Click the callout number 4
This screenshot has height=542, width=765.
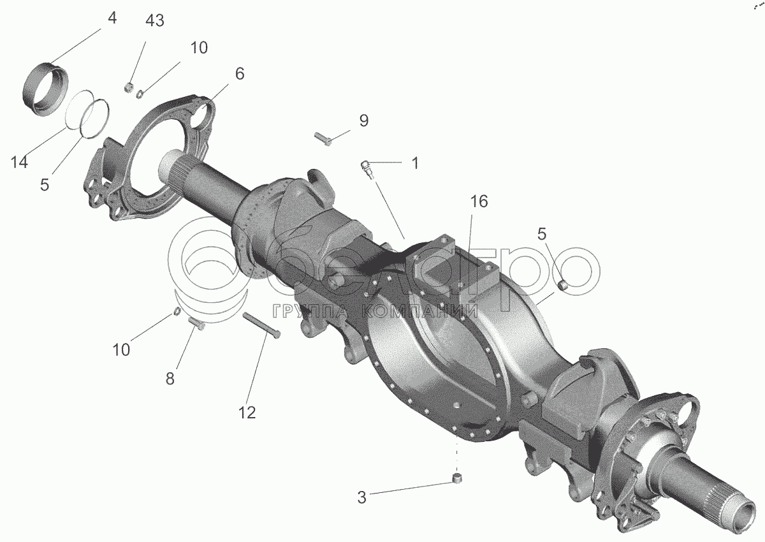112,18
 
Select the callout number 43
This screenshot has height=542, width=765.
155,21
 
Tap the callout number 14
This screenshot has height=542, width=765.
19,162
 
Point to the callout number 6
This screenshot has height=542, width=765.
240,74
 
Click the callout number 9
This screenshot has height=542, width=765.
364,121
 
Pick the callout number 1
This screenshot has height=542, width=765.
415,163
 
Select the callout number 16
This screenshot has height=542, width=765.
479,201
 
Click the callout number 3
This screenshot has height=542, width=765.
361,497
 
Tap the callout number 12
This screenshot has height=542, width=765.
247,413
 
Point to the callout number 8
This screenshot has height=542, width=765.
170,379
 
